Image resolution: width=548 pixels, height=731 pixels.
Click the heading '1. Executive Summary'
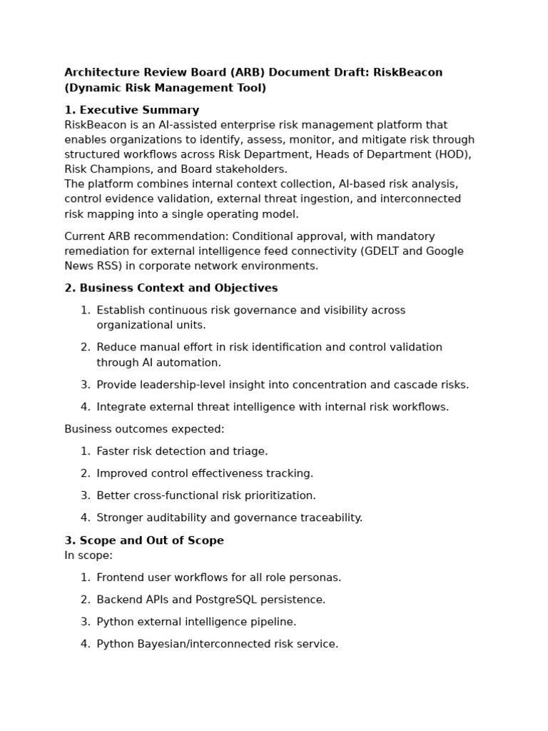132,110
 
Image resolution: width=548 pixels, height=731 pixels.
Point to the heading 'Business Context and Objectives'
178,288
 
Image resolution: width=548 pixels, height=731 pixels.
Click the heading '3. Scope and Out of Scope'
144,540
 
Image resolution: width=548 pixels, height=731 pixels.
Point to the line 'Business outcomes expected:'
144,429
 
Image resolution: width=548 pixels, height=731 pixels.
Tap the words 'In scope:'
88,555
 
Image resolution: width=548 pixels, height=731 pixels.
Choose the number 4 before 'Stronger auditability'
84,518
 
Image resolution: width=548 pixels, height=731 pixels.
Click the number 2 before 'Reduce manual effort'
84,348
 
